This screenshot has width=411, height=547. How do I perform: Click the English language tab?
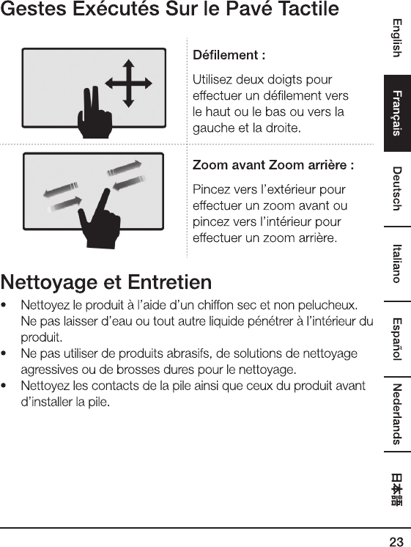397,37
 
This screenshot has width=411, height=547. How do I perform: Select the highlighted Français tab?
397,113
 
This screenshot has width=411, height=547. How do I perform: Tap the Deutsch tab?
397,188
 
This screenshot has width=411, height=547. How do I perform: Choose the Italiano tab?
397,264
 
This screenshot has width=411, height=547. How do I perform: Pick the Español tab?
397,339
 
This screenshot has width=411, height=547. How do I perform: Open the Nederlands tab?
397,414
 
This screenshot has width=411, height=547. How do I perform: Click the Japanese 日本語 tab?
396,489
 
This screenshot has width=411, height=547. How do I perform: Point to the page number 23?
396,541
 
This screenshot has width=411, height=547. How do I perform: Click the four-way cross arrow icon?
129,84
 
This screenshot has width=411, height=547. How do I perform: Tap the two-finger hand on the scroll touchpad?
95,113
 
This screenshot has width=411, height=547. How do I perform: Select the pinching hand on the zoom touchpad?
100,219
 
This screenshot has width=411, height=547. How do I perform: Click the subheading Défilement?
229,55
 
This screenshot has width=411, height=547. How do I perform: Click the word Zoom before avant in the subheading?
210,165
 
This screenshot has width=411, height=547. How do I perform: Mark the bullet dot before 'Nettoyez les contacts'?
4,386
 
